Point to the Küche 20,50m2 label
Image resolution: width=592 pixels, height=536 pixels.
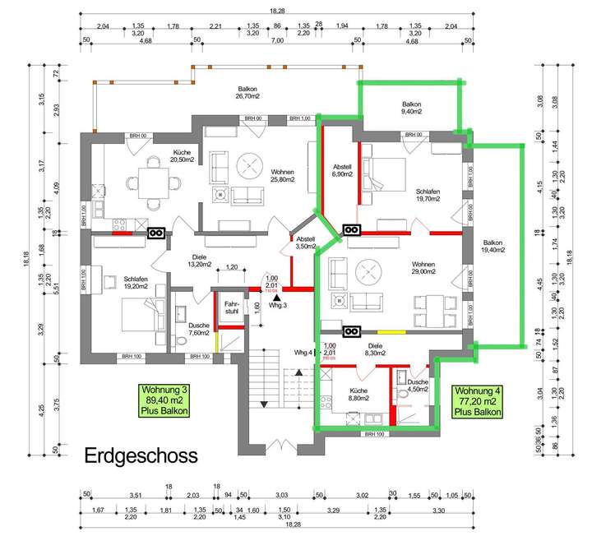pos(182,156)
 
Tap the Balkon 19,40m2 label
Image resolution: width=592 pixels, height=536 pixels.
pos(493,247)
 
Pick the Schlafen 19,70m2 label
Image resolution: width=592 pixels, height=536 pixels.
pos(428,193)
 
